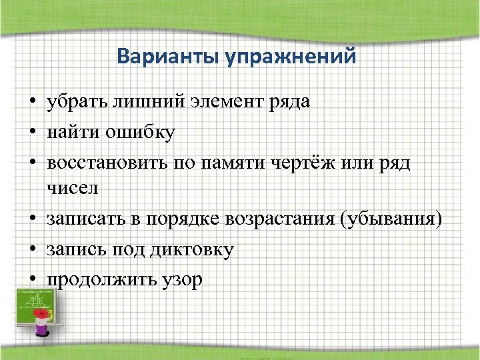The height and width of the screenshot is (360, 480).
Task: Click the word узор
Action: pyautogui.click(x=180, y=279)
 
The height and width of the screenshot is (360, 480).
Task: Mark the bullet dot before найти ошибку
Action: pyautogui.click(x=32, y=133)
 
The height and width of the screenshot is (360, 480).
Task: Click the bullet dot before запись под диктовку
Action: pyautogui.click(x=32, y=250)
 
